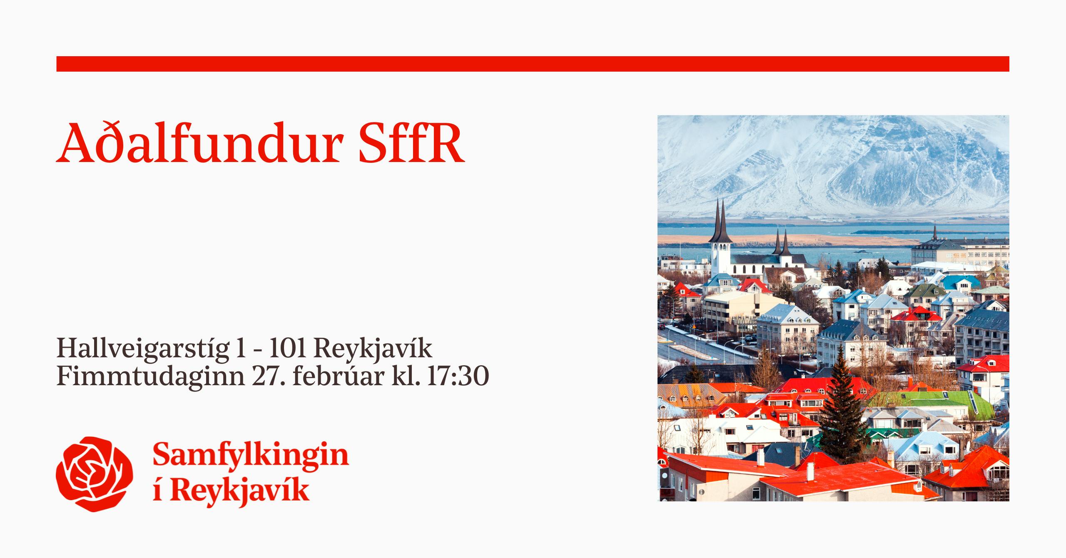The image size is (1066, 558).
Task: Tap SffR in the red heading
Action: tap(411, 143)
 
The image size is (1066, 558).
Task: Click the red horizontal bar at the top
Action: tap(533, 64)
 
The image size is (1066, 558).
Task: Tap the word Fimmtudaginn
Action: tap(150, 377)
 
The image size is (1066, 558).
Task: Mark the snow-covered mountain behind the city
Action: tap(833, 167)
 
